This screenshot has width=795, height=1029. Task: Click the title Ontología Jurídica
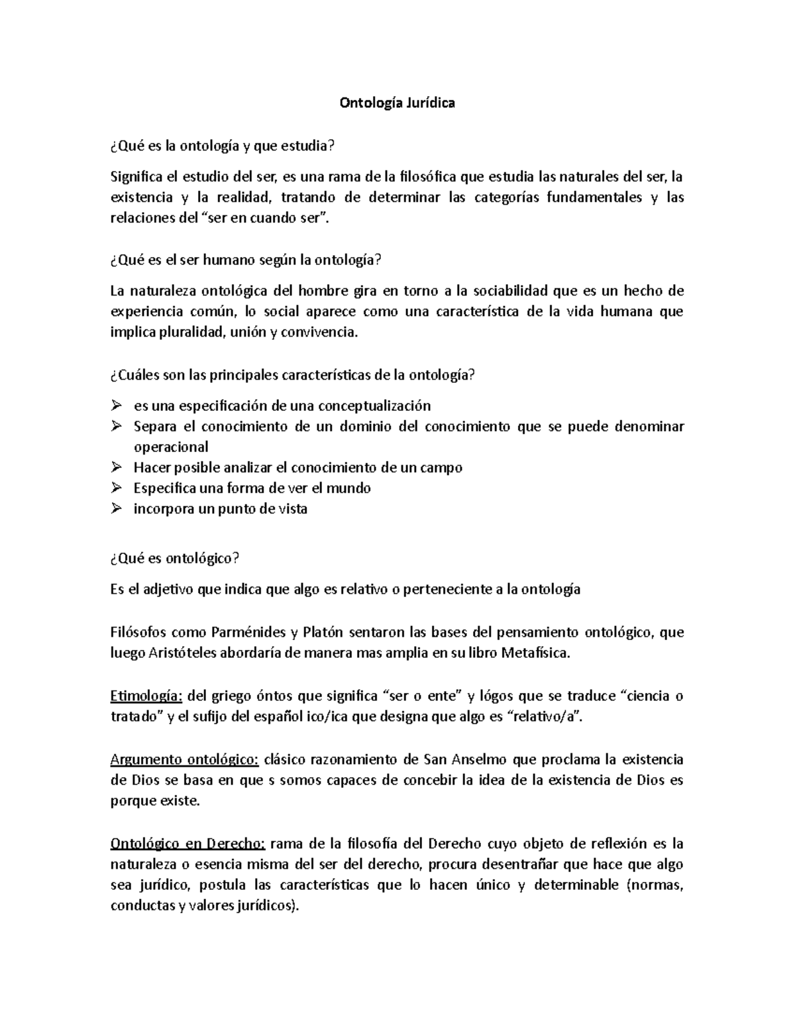coord(397,103)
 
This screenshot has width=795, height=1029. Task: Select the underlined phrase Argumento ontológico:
coord(186,759)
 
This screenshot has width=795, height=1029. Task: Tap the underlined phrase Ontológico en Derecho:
coord(187,843)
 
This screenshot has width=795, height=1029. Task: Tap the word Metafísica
coord(535,653)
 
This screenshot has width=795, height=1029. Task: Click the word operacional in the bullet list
coord(171,447)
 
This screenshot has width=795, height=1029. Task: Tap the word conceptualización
coord(374,406)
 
